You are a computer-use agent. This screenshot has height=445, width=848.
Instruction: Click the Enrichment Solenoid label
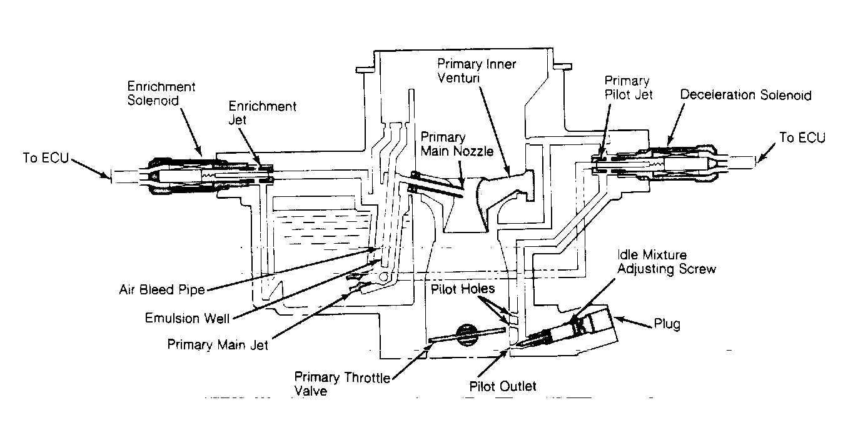tap(161, 94)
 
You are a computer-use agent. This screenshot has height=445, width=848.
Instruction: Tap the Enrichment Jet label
tap(263, 112)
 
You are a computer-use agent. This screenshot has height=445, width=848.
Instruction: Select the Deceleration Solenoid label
tap(746, 94)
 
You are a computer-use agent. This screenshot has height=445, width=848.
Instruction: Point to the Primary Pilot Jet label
tap(628, 87)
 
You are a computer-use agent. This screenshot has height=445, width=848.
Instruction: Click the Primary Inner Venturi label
tap(477, 71)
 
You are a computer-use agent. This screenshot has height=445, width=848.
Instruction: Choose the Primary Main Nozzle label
tap(457, 144)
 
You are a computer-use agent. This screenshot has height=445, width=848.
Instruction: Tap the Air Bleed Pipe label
tap(162, 290)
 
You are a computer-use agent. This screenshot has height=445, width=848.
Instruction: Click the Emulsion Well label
tap(188, 318)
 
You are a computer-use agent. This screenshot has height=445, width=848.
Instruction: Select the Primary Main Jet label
tap(218, 345)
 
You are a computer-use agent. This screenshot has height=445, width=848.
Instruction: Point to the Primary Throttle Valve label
tap(342, 384)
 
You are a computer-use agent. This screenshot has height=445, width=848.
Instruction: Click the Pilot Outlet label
tap(503, 386)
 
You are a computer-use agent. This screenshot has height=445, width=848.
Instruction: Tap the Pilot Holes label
tap(463, 289)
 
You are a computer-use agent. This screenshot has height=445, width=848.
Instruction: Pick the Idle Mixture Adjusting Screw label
tap(667, 261)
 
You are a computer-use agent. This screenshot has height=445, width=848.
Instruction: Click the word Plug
tap(667, 324)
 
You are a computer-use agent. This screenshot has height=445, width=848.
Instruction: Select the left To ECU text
tap(46, 157)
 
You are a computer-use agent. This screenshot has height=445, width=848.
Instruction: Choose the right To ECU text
tap(802, 137)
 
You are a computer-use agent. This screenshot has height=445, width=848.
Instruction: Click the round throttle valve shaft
tap(467, 335)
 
